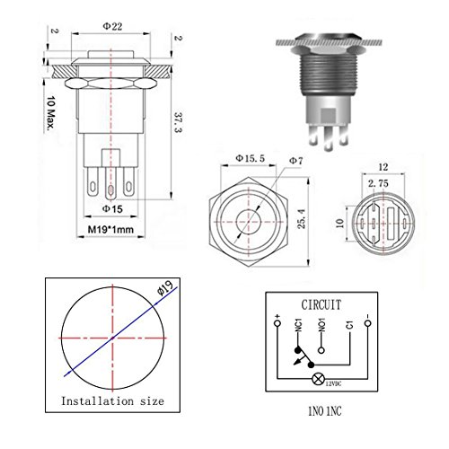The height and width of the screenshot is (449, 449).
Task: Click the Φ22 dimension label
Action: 112,26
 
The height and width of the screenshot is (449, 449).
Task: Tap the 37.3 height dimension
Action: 179,122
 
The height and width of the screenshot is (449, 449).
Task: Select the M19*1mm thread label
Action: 110,230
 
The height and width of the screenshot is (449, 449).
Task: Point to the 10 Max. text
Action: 51,114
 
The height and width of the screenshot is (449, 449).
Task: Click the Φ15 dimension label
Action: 112,208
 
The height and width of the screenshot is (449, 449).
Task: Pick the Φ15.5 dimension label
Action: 251,158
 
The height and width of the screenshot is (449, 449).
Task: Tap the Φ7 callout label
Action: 295,161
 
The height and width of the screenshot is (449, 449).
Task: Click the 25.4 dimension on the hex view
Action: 301,219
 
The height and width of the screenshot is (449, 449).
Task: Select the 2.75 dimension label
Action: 378,183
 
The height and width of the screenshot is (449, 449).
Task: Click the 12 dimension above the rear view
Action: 383,167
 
